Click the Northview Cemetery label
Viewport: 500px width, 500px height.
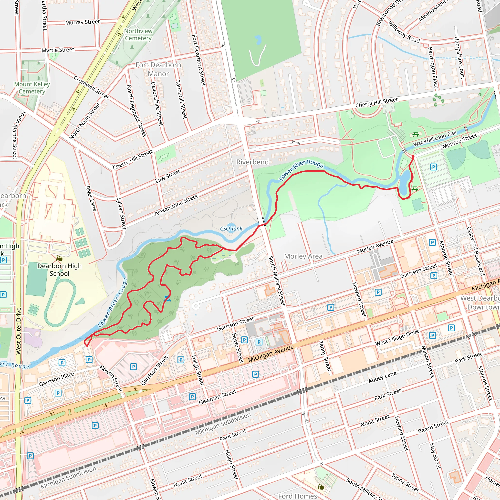pos(138,35)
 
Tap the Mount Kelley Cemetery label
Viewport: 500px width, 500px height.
pos(32,88)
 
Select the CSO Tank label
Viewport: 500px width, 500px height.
pos(231,229)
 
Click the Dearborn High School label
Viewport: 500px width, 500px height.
pos(59,270)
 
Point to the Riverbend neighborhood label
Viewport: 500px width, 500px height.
pos(252,162)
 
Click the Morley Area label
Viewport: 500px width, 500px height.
pos(303,256)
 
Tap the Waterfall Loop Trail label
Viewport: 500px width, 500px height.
pos(435,139)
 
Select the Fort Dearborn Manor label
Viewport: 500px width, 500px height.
pos(158,69)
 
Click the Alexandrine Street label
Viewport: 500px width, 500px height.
pos(176,205)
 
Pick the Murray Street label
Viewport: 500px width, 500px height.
pos(82,22)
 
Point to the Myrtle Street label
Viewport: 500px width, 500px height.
pos(58,50)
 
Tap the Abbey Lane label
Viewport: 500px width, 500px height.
pos(382,377)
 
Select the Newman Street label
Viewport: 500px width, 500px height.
pos(217,397)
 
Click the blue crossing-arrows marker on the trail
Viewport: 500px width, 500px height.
pos(167,299)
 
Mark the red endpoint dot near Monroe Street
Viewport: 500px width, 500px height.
pos(413,156)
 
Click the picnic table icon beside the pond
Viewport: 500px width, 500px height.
pos(415,189)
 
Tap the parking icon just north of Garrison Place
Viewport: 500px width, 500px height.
pos(62,363)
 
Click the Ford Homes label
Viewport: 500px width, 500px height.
pos(297,496)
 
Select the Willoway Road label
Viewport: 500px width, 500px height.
pos(404,32)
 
